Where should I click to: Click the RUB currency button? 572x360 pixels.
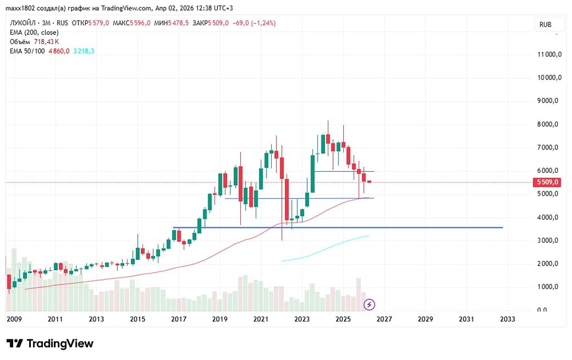point(545,25)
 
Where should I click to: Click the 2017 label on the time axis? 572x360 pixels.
point(178,319)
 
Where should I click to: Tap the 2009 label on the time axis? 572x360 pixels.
point(14,319)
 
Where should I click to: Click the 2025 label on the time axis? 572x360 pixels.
point(343,319)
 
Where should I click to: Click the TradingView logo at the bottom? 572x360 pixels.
point(50,343)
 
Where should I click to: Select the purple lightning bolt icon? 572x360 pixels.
point(370,304)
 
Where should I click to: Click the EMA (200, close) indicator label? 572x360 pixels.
point(34,33)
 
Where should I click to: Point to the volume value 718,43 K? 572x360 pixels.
point(47,42)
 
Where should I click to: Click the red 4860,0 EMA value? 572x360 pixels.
point(59,51)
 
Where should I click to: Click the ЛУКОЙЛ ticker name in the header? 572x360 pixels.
point(26,23)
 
